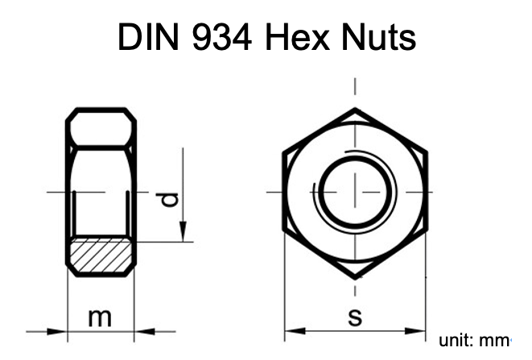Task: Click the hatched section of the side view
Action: [x=100, y=257]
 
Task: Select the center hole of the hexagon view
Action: [x=355, y=192]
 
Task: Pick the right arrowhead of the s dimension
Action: [x=419, y=330]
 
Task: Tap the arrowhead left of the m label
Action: [x=58, y=330]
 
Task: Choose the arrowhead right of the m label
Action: [x=142, y=330]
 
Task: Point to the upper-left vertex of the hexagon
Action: [x=284, y=151]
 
